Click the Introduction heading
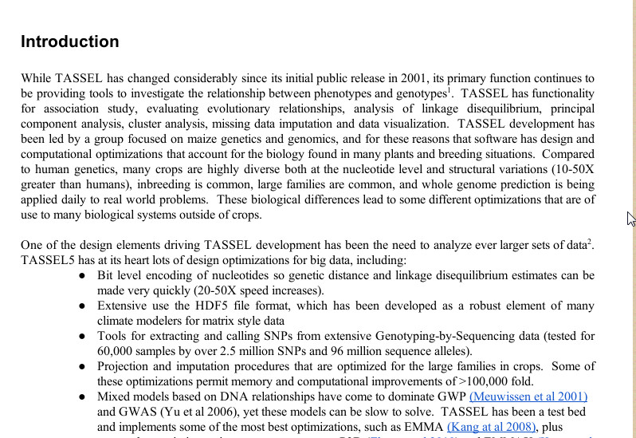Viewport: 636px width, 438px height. coord(70,41)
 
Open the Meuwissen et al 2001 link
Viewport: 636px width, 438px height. coord(528,397)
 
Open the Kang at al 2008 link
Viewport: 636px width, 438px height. coord(492,427)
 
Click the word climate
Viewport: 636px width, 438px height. coord(118,321)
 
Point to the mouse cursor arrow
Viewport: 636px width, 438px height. coord(630,219)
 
